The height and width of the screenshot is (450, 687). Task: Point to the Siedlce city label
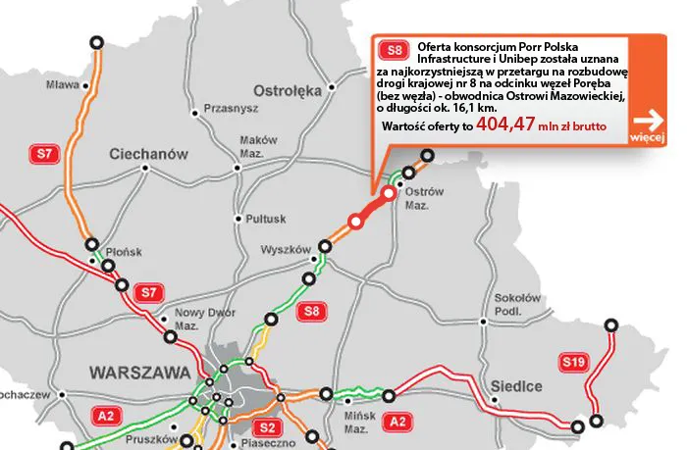pos(517,386)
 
